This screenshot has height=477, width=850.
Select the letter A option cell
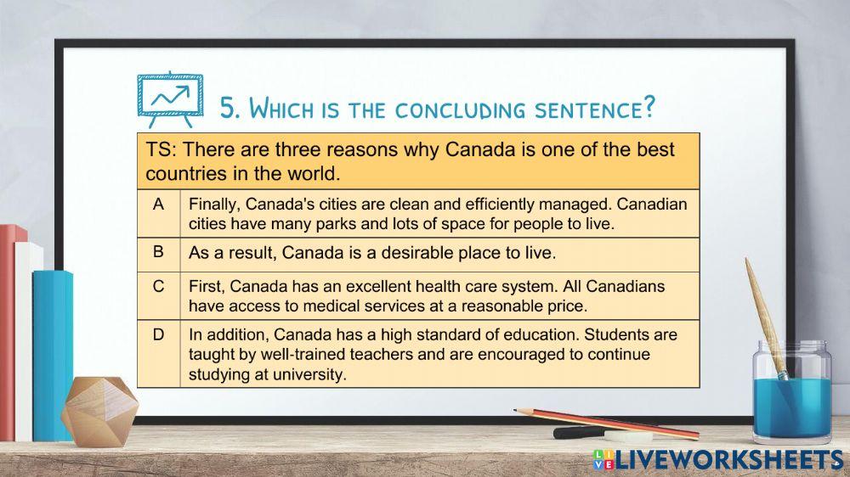point(158,205)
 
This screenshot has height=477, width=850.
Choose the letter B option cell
point(158,252)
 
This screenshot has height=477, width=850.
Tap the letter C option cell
point(158,286)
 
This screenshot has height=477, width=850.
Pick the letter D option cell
point(158,334)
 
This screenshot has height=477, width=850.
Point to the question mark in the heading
point(649,108)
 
